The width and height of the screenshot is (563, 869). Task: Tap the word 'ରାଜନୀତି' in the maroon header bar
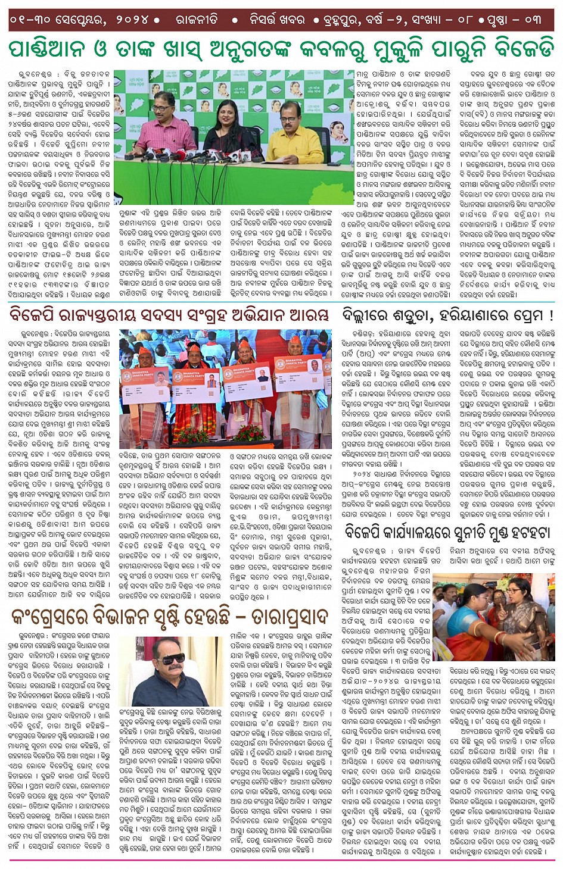[x=197, y=20]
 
